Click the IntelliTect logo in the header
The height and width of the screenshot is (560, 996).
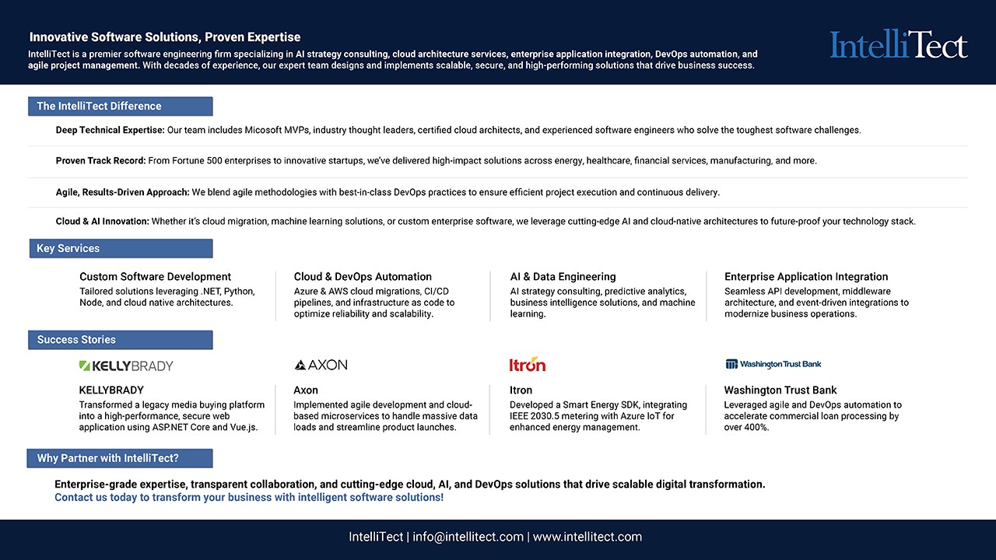click(x=899, y=45)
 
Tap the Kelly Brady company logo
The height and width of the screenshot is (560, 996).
click(x=126, y=366)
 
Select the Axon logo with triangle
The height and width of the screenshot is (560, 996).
click(x=321, y=365)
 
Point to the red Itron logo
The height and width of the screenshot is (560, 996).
click(x=527, y=365)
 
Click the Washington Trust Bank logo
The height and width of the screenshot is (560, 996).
click(x=773, y=364)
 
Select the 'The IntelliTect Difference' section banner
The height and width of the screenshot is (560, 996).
click(x=120, y=107)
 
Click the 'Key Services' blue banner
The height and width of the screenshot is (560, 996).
click(x=120, y=249)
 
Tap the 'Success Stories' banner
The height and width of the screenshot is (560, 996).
click(x=120, y=340)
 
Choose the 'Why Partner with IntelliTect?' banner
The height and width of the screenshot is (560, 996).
click(x=120, y=458)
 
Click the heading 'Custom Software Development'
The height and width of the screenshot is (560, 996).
click(x=155, y=277)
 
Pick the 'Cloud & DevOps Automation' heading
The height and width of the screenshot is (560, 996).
click(x=363, y=277)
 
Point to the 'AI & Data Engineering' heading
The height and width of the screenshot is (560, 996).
click(x=563, y=277)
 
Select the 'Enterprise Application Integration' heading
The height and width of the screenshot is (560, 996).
click(x=805, y=277)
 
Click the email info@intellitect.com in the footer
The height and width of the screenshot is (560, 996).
click(x=468, y=537)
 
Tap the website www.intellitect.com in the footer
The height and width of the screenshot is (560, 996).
click(x=587, y=537)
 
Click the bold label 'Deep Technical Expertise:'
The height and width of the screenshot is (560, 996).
click(x=110, y=131)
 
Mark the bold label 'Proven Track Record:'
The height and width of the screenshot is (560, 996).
click(x=100, y=161)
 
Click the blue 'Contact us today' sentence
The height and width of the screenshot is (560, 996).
click(x=249, y=497)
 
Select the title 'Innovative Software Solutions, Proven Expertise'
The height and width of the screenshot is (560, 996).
click(x=165, y=37)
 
